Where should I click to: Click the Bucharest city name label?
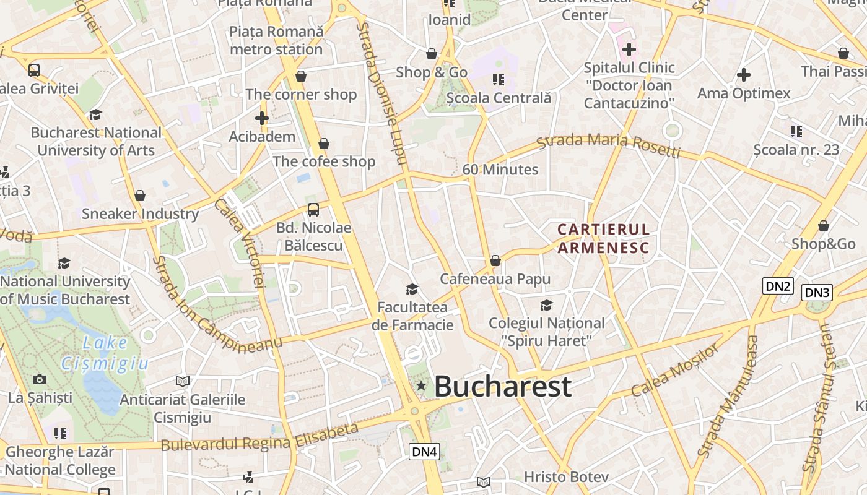click(x=502, y=386)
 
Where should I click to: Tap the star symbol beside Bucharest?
click(x=421, y=386)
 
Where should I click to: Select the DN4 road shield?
click(x=425, y=452)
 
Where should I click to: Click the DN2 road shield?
click(x=778, y=286)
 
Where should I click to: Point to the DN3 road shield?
click(x=817, y=293)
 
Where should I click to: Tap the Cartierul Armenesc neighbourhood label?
click(x=603, y=239)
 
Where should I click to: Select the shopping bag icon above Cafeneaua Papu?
click(x=495, y=260)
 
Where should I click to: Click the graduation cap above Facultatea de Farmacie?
click(x=412, y=289)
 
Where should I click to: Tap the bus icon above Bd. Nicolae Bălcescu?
click(x=313, y=209)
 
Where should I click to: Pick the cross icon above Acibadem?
click(x=262, y=118)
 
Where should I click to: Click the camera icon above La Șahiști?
click(x=40, y=379)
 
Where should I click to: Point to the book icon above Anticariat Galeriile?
click(x=183, y=381)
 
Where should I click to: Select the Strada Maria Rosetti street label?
click(x=608, y=146)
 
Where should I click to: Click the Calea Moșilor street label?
click(x=675, y=369)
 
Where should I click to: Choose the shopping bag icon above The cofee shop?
click(x=324, y=144)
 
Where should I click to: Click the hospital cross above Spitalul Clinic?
click(x=629, y=49)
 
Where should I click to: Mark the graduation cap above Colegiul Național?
click(x=546, y=304)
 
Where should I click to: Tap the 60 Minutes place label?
click(x=500, y=170)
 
